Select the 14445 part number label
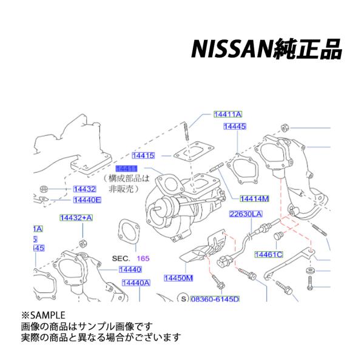coord(234,127)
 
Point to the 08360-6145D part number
coord(215,299)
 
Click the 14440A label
coord(135,282)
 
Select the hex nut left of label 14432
coord(43,187)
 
